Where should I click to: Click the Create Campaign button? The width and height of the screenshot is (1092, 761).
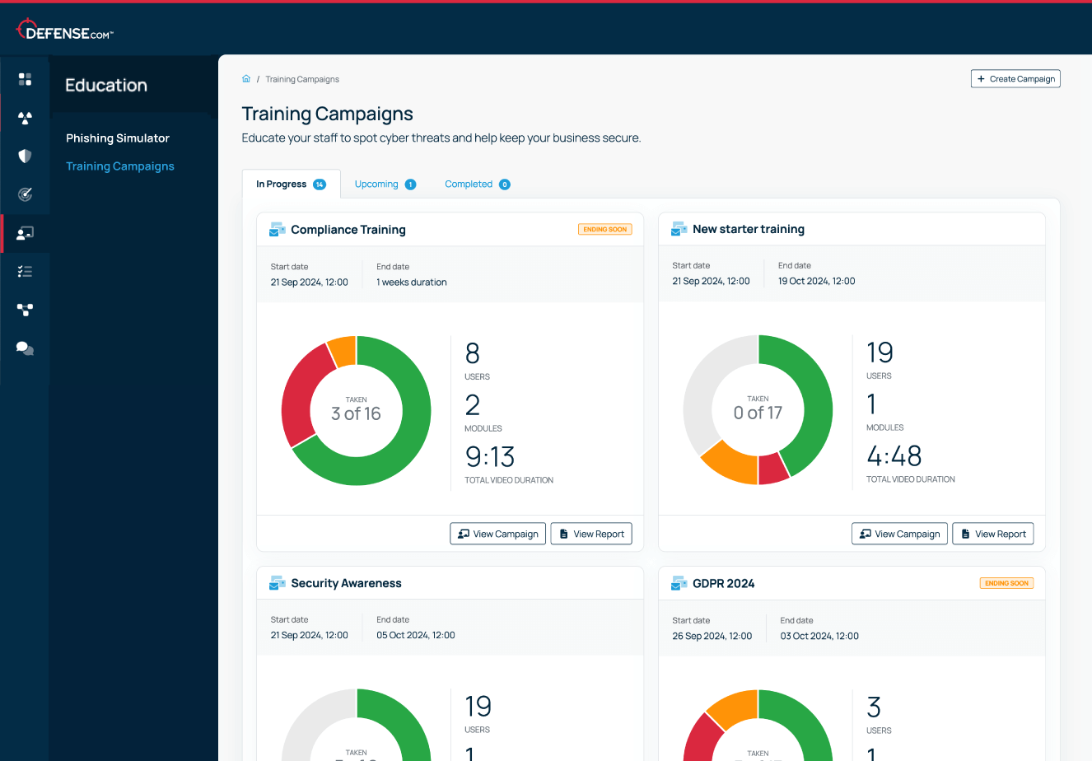tap(1015, 79)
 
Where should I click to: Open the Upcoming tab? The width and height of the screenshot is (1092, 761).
tap(385, 184)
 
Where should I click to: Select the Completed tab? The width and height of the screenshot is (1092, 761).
tap(478, 184)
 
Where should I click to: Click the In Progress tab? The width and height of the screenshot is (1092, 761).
tap(291, 184)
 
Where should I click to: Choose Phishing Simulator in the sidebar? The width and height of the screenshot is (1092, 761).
tap(118, 138)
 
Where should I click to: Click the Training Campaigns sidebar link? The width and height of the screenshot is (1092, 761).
tap(120, 166)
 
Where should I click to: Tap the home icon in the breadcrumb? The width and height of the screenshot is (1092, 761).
tap(246, 78)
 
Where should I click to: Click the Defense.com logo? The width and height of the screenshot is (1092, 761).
tap(65, 30)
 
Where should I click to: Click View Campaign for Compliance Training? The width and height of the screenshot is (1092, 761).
tap(497, 534)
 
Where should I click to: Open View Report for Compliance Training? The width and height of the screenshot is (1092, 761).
tap(591, 534)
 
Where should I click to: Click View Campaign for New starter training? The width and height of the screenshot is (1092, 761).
tap(899, 534)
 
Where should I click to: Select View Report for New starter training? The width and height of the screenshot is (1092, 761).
tap(993, 534)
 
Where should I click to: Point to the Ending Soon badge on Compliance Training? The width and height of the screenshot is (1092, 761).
tap(605, 229)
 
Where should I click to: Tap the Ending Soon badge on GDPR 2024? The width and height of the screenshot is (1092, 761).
tap(1006, 583)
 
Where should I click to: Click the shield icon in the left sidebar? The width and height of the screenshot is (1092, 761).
tap(25, 156)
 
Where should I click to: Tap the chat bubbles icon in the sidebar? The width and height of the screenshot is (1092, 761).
tap(25, 348)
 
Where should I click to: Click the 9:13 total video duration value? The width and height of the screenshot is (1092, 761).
tap(490, 456)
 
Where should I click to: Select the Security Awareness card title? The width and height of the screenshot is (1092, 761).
tap(346, 583)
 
